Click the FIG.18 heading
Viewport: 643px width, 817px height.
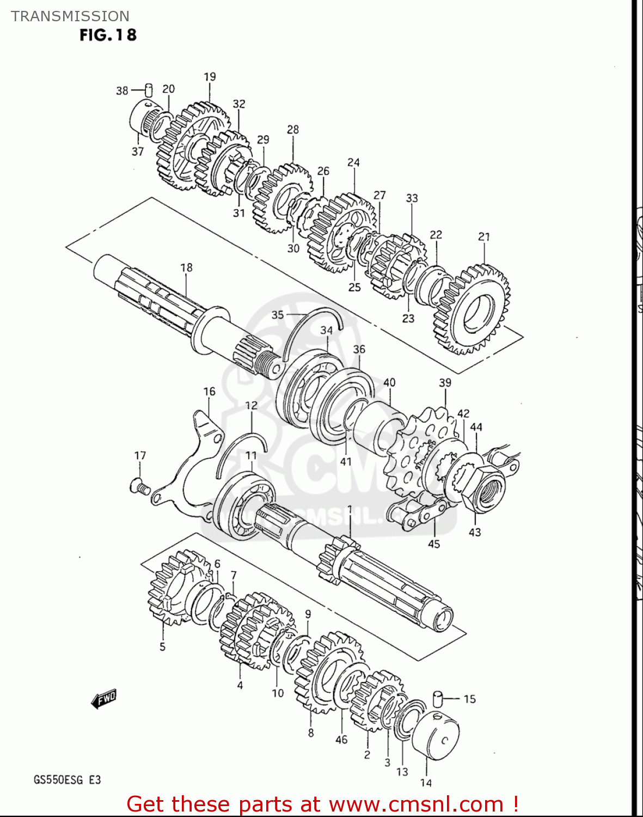tap(108, 35)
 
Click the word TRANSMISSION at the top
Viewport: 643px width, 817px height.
tap(70, 16)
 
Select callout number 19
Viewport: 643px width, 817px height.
tap(210, 77)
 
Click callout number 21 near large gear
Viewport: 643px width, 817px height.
tap(484, 236)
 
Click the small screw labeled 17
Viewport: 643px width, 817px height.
tap(140, 486)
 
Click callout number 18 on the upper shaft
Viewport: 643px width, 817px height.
tap(186, 267)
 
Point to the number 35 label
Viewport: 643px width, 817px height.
tap(278, 315)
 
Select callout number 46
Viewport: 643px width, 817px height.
tap(341, 739)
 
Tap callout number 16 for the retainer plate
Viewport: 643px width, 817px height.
tap(210, 391)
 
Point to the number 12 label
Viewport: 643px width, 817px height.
tap(251, 405)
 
